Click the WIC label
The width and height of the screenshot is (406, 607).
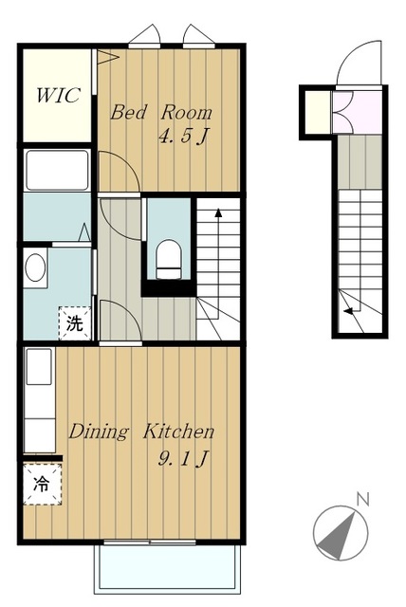pyautogui.click(x=59, y=95)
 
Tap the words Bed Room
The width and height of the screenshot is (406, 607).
pyautogui.click(x=161, y=112)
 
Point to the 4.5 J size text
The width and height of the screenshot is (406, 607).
pyautogui.click(x=183, y=137)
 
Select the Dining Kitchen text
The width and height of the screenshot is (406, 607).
pyautogui.click(x=141, y=432)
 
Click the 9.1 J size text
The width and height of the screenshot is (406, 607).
pyautogui.click(x=183, y=459)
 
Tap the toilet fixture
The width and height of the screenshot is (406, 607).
pyautogui.click(x=168, y=259)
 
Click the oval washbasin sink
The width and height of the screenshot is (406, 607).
pyautogui.click(x=35, y=267)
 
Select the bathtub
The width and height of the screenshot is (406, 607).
pyautogui.click(x=57, y=170)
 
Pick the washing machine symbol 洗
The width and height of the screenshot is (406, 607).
pyautogui.click(x=75, y=323)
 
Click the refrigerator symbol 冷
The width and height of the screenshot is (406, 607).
pyautogui.click(x=42, y=484)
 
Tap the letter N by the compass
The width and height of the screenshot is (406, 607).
pyautogui.click(x=362, y=499)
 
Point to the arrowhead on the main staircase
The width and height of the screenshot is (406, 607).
pyautogui.click(x=218, y=212)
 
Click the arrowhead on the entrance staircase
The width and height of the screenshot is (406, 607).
pyautogui.click(x=348, y=310)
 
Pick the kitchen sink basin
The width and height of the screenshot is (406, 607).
pyautogui.click(x=39, y=367)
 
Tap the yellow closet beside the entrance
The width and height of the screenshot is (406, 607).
pyautogui.click(x=318, y=112)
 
